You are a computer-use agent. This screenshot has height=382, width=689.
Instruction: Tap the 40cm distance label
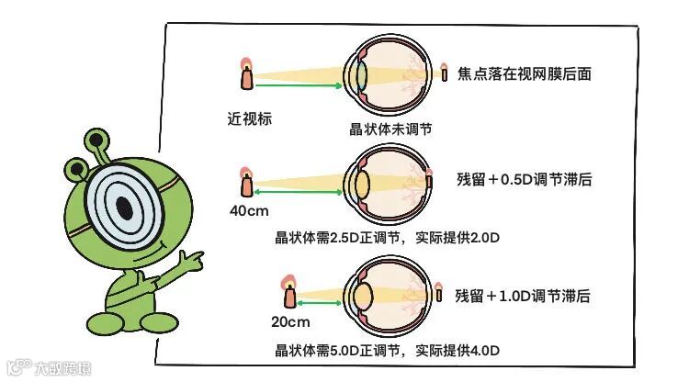[x=248, y=210]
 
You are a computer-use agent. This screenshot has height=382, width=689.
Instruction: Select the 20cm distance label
[x=290, y=321]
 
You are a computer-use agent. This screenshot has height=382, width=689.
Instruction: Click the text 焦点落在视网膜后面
[x=524, y=73]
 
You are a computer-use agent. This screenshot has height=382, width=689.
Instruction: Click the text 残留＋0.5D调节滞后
[x=524, y=180]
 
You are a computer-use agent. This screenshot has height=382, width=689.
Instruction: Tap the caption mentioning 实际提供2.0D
[x=386, y=238]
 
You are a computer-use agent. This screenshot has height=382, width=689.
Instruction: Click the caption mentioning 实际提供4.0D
[x=386, y=350]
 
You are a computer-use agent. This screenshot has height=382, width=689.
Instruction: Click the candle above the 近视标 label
[x=246, y=76]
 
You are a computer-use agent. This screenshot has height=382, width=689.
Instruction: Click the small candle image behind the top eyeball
[x=444, y=72]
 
